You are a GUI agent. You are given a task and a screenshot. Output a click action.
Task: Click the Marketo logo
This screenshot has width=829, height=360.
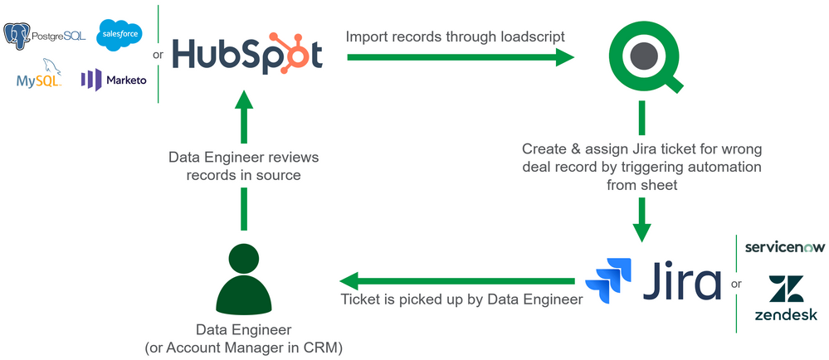click(113, 80)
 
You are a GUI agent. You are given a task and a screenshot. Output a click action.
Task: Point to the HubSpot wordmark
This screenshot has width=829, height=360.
click(246, 56)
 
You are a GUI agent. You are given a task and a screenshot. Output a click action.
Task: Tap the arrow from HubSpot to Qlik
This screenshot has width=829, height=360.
click(461, 56)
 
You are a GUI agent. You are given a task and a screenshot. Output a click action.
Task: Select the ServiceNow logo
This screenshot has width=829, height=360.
click(784, 247)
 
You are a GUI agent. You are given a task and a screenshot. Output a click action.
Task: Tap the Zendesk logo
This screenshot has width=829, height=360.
click(785, 299)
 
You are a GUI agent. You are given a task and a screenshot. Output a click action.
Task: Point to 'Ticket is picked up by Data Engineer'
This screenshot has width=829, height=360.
click(462, 299)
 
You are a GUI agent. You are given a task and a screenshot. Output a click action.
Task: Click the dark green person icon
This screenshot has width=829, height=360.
click(244, 278)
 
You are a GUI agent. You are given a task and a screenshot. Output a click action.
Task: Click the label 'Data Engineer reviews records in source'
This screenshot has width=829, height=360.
click(242, 165)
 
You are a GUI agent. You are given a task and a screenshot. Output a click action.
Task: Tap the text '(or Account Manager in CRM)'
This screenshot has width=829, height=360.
click(243, 348)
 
